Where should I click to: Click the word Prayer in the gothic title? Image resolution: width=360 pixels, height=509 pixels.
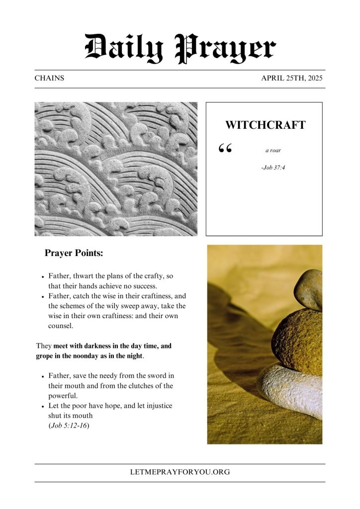(x=226, y=49)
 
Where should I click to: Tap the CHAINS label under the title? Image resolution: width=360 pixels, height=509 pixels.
(x=49, y=79)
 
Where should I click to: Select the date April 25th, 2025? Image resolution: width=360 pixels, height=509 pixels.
(x=293, y=79)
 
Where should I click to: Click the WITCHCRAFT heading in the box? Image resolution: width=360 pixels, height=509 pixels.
(x=265, y=125)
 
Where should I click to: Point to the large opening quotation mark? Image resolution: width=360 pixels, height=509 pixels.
(x=225, y=149)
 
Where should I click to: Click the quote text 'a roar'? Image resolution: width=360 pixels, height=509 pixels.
(x=273, y=150)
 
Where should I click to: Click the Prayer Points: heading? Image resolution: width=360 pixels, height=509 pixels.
(x=74, y=253)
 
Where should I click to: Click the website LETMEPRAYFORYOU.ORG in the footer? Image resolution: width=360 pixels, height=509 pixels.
(x=180, y=472)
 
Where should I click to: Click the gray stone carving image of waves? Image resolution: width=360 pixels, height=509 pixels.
(x=116, y=169)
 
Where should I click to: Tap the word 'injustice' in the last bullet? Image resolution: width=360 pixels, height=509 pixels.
(x=156, y=406)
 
